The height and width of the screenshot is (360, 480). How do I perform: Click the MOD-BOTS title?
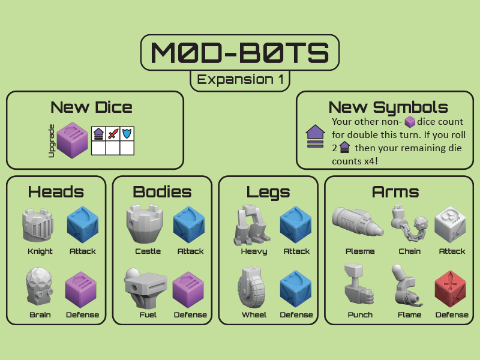(x=240, y=53)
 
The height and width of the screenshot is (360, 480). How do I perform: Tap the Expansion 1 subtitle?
(x=240, y=80)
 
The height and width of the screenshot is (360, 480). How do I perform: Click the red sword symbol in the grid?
(x=112, y=133)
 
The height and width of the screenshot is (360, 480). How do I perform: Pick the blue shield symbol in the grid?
(x=127, y=133)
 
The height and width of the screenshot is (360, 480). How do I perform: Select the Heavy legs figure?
(x=250, y=225)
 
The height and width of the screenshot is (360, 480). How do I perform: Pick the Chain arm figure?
(x=407, y=223)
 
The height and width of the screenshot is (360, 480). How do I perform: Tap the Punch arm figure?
(x=358, y=287)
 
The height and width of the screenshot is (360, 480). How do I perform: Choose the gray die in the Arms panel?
(x=451, y=224)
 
